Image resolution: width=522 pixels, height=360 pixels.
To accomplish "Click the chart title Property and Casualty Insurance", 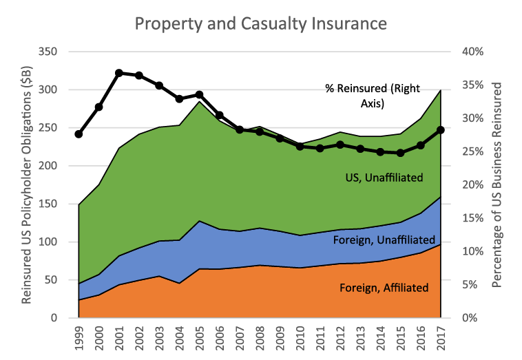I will coord(261,23).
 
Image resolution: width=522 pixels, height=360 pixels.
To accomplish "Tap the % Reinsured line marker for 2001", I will coord(118,73).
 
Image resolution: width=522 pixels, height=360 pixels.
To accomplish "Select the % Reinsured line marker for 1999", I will coord(79,134).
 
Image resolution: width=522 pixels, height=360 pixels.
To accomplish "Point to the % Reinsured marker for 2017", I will coord(441,130).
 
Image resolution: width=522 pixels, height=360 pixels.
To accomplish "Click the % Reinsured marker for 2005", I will coord(199,95).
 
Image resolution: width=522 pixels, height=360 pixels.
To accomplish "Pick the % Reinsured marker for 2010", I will coord(300,147).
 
